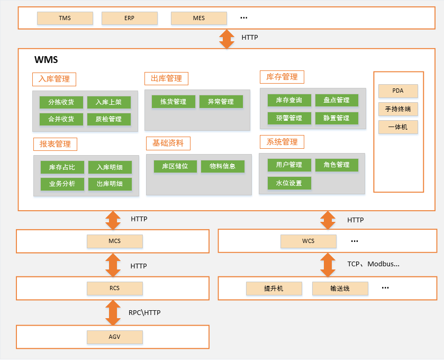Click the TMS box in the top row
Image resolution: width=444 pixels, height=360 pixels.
coord(65,18)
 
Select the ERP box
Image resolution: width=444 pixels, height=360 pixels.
coord(129,18)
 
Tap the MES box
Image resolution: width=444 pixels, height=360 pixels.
coord(198,18)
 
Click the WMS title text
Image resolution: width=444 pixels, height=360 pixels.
coord(46,59)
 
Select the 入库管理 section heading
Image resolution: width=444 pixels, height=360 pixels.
coord(54,79)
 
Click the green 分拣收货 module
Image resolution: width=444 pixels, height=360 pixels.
coord(61,102)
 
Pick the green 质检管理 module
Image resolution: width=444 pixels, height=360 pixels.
coord(108,119)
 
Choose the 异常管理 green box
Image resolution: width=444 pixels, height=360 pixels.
coord(221,102)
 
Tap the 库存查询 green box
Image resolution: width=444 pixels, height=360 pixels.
coord(289,100)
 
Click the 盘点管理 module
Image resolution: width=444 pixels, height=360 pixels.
coord(336,100)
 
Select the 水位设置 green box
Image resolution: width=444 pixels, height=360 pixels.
coord(289,183)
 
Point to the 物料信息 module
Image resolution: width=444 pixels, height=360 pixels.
coord(222,166)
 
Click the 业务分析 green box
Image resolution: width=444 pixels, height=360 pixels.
coord(62,184)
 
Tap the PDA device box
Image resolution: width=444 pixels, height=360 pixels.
coord(398,91)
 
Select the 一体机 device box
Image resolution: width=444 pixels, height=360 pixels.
coord(398,127)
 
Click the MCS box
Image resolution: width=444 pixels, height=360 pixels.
coord(115,241)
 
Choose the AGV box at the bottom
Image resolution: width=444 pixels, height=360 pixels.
coord(115,337)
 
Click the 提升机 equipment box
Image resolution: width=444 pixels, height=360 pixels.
coord(274,289)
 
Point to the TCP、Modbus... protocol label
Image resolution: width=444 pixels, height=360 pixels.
coord(373,264)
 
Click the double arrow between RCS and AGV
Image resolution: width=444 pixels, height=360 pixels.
coord(113,312)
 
